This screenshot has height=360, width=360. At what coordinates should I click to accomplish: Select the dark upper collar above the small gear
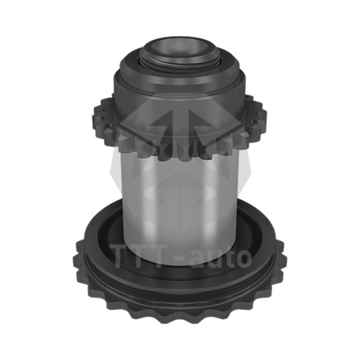[179, 89]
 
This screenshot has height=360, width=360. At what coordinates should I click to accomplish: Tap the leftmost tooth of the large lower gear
[77, 262]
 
